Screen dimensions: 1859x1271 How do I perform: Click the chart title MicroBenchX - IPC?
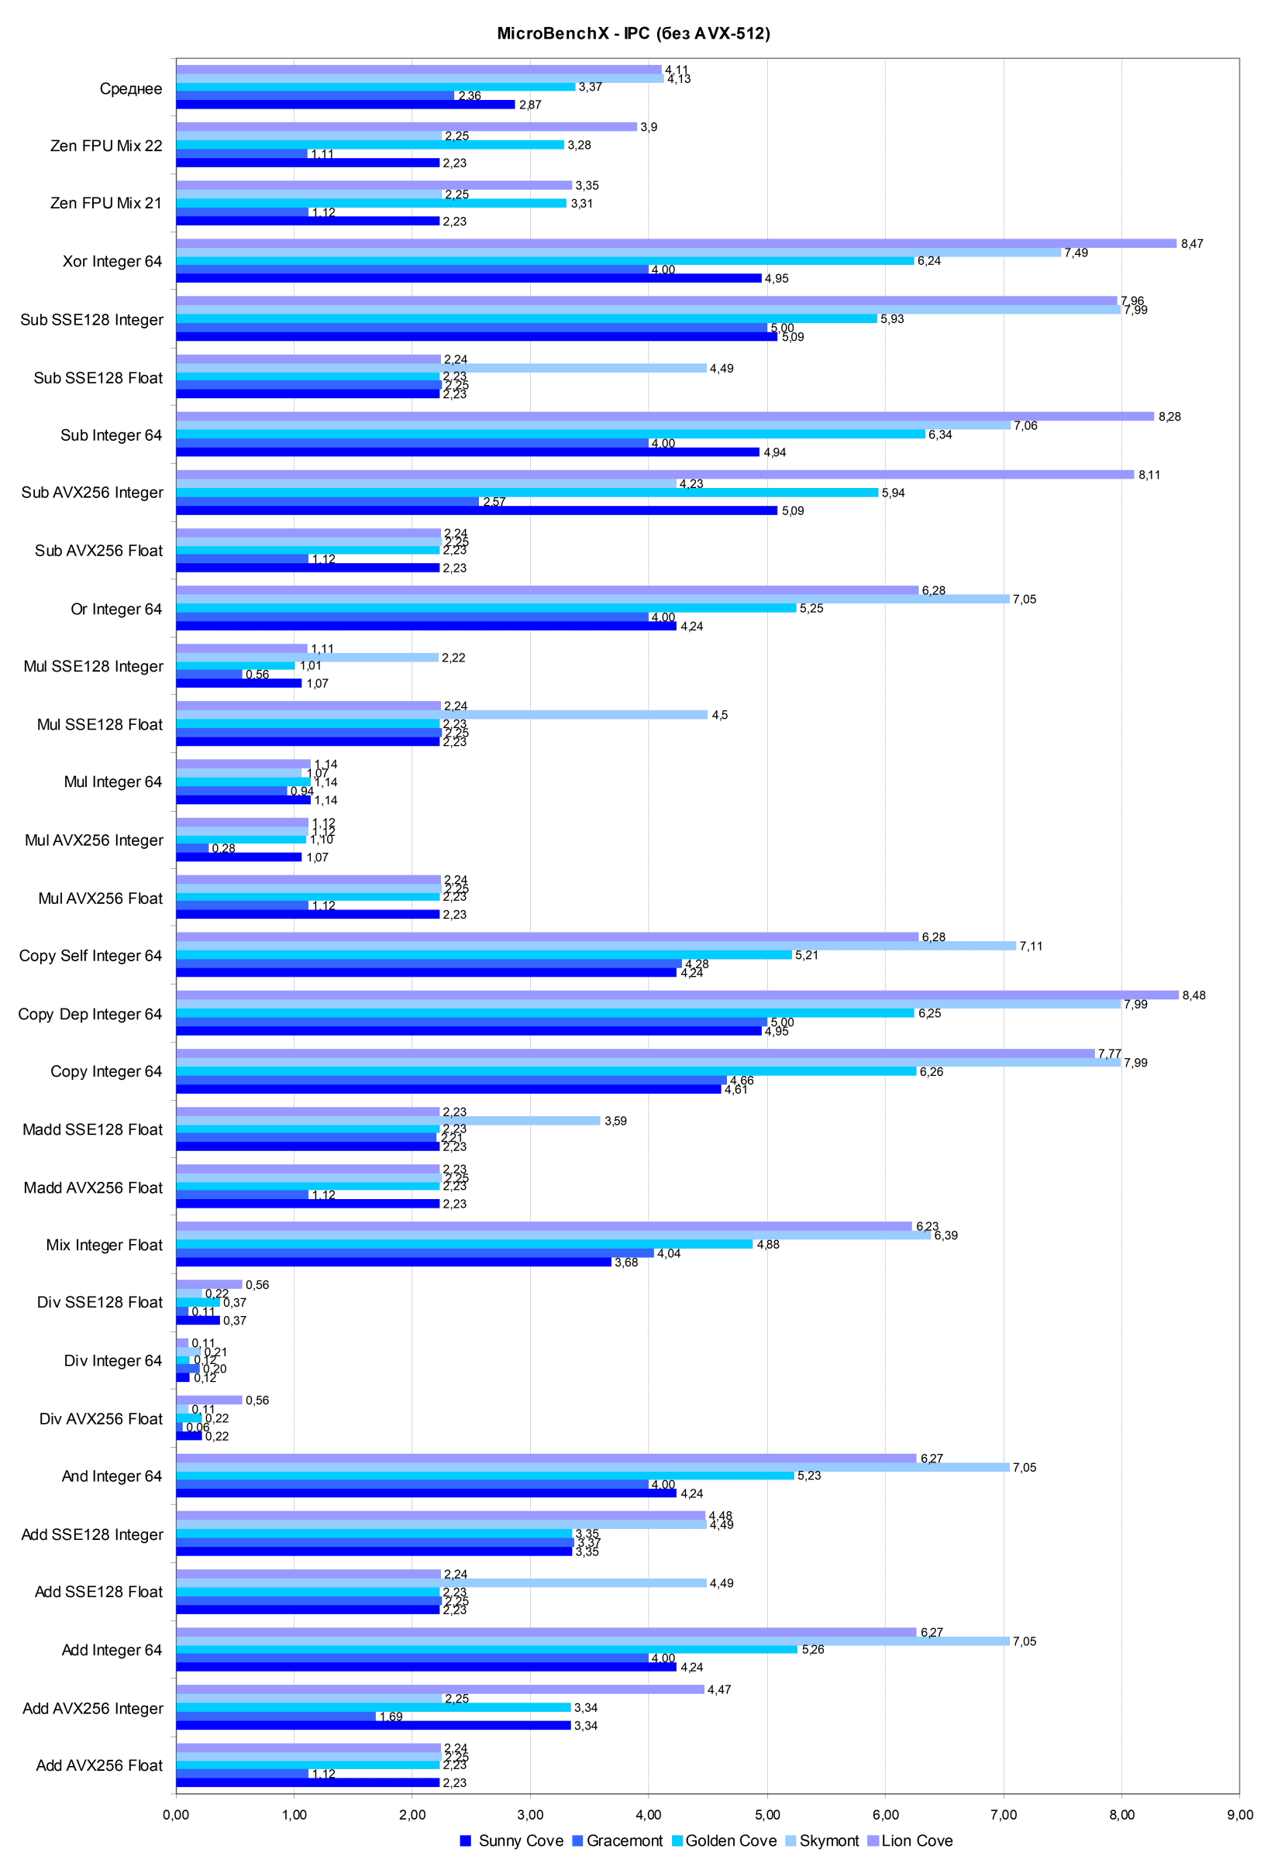coord(633,33)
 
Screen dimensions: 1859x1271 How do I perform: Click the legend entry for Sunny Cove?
coord(511,1840)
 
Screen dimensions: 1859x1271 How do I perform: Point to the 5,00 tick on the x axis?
coord(766,1814)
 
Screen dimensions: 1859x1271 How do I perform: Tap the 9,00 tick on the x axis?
coord(1239,1814)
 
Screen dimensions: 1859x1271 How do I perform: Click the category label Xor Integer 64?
coord(112,262)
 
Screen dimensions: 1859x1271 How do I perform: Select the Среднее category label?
coord(130,89)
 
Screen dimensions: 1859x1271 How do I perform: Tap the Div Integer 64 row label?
coord(113,1361)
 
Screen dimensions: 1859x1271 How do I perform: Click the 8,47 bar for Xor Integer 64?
coord(677,243)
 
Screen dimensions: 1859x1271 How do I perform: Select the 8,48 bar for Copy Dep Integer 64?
coord(677,995)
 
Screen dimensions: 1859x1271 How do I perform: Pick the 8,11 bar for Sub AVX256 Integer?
coord(655,474)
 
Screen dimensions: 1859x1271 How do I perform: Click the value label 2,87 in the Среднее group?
coord(530,105)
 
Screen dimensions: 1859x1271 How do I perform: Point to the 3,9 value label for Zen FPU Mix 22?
coord(649,127)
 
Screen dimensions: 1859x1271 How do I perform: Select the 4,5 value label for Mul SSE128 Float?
coord(719,715)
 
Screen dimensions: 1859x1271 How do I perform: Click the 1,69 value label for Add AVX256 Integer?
coord(391,1716)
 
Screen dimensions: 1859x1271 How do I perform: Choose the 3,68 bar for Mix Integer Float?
coord(394,1263)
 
